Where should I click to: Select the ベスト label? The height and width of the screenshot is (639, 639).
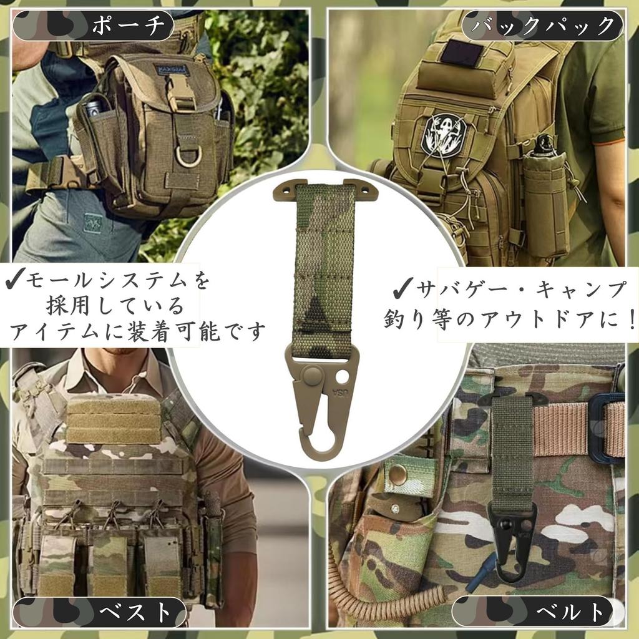[x=135, y=612]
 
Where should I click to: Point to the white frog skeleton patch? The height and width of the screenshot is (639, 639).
[x=444, y=132]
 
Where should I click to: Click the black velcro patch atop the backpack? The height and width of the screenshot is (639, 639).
[x=462, y=54]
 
